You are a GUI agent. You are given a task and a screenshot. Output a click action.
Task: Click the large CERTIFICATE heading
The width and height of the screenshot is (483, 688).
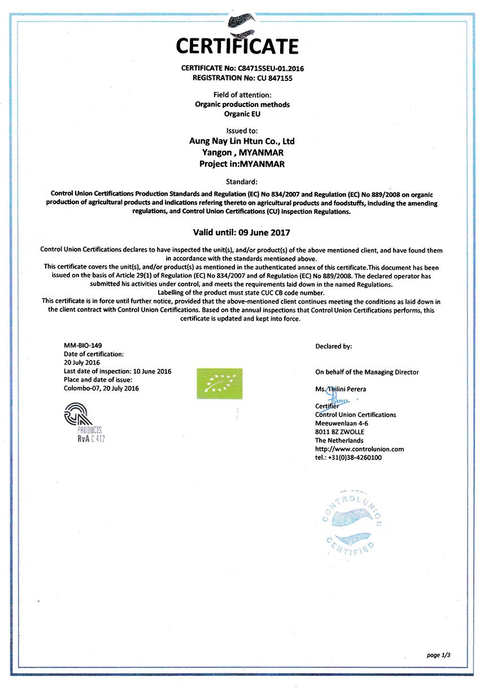click(x=237, y=46)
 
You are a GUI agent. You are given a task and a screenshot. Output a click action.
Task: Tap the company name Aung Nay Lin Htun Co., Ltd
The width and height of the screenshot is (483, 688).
click(x=241, y=141)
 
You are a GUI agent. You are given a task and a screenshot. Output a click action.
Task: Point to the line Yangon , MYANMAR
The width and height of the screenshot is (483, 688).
click(x=242, y=153)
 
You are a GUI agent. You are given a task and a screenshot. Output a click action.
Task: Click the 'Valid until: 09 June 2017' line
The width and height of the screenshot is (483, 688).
click(x=241, y=233)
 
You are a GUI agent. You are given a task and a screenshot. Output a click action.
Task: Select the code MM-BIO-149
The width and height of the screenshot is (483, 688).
click(x=83, y=345)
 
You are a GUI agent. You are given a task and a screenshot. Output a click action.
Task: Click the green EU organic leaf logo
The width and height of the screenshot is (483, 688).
click(x=219, y=383)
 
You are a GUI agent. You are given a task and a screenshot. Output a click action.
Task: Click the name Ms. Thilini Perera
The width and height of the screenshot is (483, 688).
click(x=341, y=389)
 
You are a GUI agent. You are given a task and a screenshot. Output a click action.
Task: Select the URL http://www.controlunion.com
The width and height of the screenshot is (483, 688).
click(x=359, y=449)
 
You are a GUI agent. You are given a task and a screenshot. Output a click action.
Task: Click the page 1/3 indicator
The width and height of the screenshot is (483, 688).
click(x=438, y=655)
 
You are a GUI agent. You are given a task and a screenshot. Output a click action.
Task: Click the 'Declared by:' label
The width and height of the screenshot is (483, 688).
click(x=333, y=346)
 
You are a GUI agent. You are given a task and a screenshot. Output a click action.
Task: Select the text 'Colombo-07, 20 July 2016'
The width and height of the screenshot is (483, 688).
click(x=101, y=388)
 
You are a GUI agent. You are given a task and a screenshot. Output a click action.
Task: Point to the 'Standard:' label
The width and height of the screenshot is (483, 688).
click(x=241, y=182)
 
